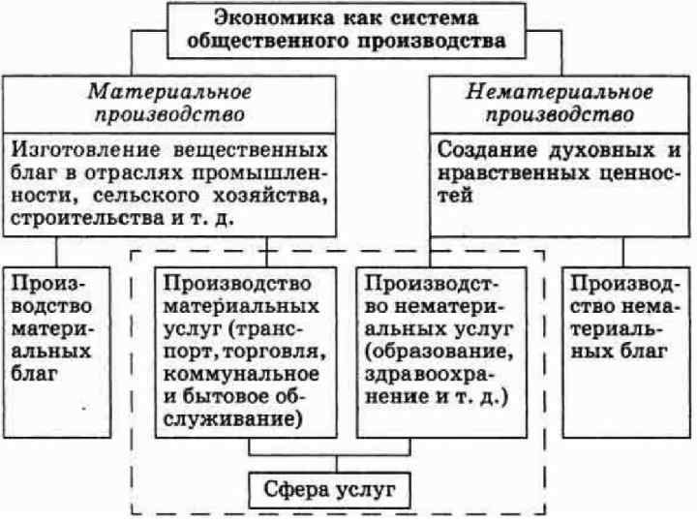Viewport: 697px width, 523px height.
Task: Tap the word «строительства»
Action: (x=84, y=219)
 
